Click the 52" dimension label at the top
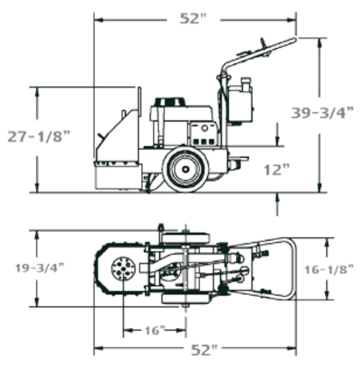pyautogui.click(x=193, y=18)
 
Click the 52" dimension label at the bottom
pyautogui.click(x=204, y=350)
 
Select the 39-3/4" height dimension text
pyautogui.click(x=322, y=113)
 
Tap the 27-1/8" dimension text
pyautogui.click(x=39, y=136)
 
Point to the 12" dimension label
pyautogui.click(x=277, y=169)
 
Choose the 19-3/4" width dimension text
pyautogui.click(x=39, y=268)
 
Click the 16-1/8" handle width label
pyautogui.click(x=329, y=269)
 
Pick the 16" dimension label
pyautogui.click(x=155, y=330)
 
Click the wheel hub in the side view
pyautogui.click(x=186, y=169)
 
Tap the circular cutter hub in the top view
pyautogui.click(x=123, y=268)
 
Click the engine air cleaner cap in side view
pyautogui.click(x=170, y=102)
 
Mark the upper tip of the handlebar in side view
pyautogui.click(x=295, y=39)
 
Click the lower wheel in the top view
pyautogui.click(x=185, y=299)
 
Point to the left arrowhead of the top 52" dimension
pyautogui.click(x=98, y=20)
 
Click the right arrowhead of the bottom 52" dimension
pyautogui.click(x=292, y=348)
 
